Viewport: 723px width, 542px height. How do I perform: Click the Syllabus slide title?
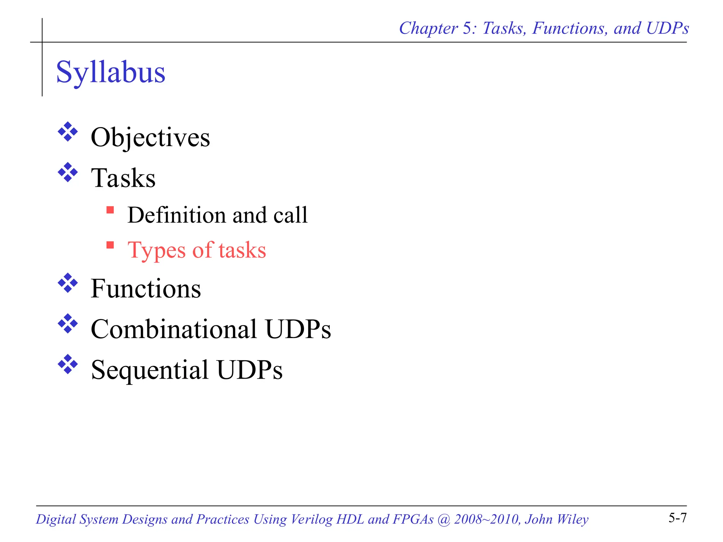110,72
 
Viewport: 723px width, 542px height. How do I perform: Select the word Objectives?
150,138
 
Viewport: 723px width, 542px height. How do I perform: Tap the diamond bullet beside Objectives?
68,132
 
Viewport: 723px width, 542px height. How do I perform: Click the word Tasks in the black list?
123,178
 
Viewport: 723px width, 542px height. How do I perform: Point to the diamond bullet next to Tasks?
68,173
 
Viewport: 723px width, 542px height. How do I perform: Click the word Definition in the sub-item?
177,215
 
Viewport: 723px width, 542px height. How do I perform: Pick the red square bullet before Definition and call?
110,210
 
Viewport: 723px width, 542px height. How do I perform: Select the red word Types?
156,250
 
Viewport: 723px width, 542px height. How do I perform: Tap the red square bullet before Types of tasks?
110,245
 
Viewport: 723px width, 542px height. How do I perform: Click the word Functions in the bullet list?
146,289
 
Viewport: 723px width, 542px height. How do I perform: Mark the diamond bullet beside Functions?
68,283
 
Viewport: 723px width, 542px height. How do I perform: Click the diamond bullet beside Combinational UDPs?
68,324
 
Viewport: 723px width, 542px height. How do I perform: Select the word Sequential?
150,370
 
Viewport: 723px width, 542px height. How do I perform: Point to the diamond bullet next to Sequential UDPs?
68,364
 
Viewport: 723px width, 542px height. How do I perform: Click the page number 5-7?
677,518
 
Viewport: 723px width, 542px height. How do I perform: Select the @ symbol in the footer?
443,519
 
